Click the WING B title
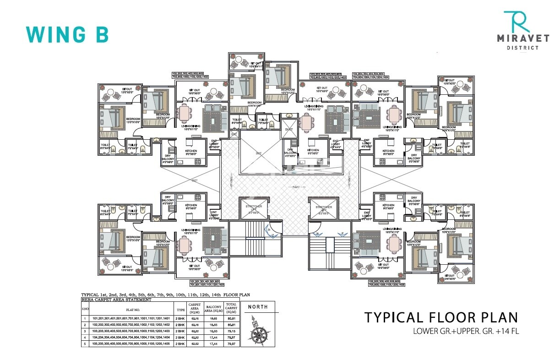[67, 34]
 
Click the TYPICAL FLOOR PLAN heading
[441, 317]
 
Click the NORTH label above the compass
[259, 307]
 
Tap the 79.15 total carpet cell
[231, 330]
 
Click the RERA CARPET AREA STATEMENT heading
[116, 300]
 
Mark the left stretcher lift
[254, 209]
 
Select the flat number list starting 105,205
[386, 283]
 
